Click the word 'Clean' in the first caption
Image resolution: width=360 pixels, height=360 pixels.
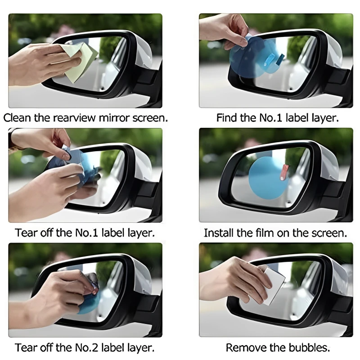(17, 118)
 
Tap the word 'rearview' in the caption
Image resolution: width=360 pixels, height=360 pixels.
(74, 118)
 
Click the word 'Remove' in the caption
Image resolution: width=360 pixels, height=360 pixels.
(246, 347)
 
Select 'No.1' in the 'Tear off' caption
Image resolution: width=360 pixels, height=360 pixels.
(87, 233)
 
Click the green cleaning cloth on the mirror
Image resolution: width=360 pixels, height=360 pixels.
(81, 62)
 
